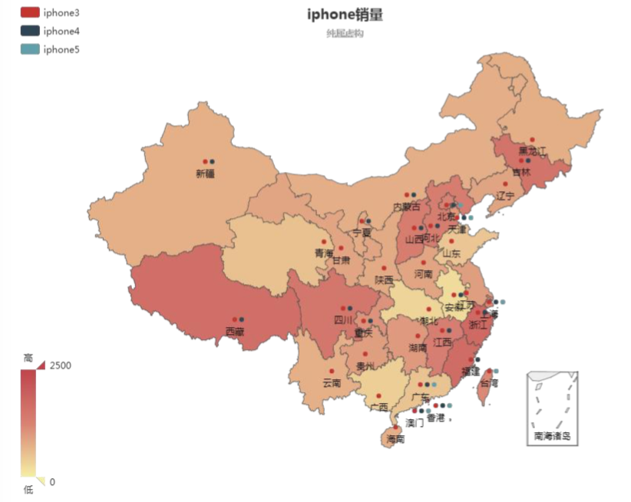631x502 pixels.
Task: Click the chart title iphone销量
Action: [345, 15]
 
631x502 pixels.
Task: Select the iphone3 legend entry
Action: [61, 13]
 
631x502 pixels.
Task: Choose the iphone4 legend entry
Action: [61, 31]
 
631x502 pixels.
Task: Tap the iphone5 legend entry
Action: [61, 50]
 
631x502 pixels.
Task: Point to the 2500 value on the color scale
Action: [61, 365]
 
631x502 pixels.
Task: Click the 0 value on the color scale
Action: [52, 482]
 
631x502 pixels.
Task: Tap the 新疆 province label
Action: [206, 174]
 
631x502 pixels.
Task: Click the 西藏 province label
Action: [235, 332]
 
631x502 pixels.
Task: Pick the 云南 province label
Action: [332, 382]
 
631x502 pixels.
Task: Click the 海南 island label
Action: [395, 439]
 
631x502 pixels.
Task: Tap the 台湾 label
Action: [489, 382]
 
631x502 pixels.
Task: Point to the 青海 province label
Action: [323, 253]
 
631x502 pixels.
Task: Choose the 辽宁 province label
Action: [504, 196]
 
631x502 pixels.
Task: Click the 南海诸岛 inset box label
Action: [552, 436]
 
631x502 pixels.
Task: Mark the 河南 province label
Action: [423, 273]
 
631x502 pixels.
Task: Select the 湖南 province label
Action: [418, 348]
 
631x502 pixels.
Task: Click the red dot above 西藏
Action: [234, 319]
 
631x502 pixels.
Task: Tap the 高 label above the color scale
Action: [28, 358]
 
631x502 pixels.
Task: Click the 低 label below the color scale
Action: [28, 490]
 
